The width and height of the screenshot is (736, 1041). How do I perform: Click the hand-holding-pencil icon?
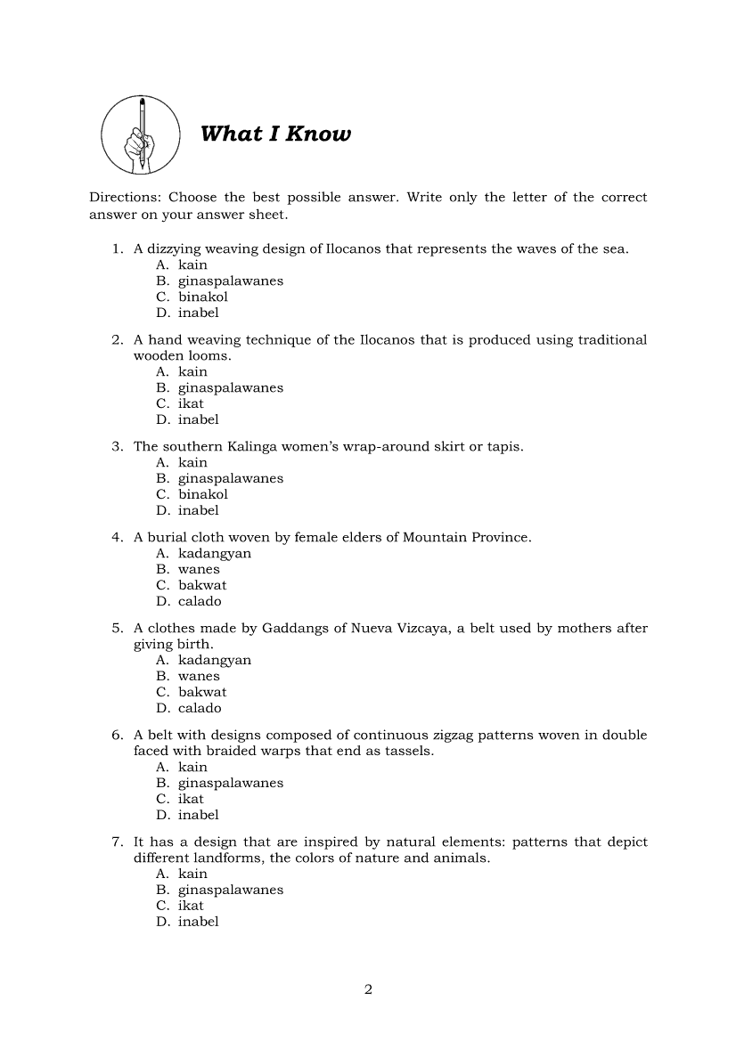tap(141, 135)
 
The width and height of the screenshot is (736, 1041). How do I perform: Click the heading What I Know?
tap(276, 134)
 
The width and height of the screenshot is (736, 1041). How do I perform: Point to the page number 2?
tap(368, 989)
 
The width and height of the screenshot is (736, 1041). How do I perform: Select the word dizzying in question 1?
tap(175, 249)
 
